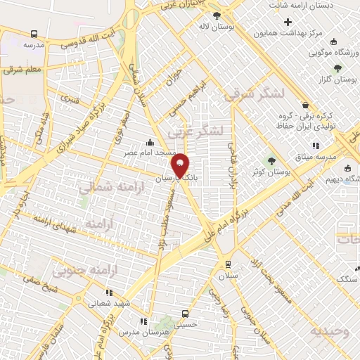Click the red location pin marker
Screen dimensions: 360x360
point(181,165)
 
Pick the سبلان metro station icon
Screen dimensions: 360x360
point(227,263)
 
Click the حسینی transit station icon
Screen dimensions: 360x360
point(184,314)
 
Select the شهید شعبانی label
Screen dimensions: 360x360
point(108,304)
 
